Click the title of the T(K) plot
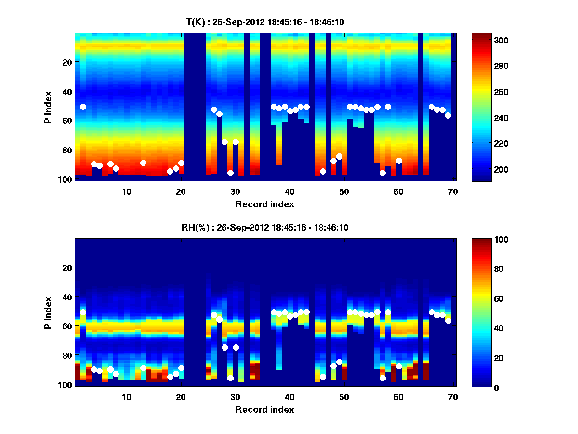265,22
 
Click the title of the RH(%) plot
265,227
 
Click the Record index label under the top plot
265,204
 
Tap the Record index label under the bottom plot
265,409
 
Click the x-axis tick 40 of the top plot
289,191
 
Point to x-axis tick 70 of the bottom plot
453,397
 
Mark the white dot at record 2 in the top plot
83,107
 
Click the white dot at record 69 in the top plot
448,115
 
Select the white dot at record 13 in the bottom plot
143,368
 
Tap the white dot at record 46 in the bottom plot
323,377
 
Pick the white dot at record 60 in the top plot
399,161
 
